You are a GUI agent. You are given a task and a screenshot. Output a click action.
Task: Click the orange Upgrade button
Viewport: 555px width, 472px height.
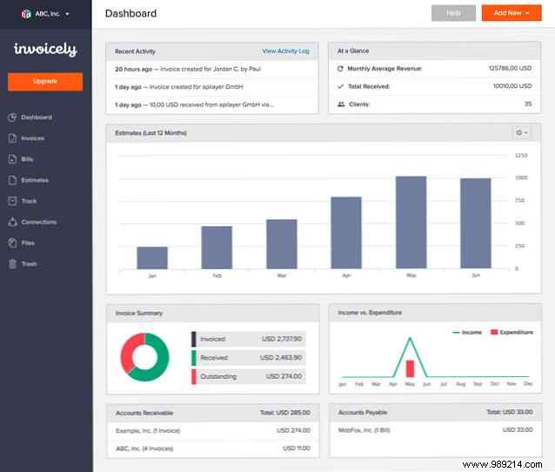coord(45,81)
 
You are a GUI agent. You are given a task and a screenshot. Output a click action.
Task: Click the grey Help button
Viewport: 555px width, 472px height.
coord(453,13)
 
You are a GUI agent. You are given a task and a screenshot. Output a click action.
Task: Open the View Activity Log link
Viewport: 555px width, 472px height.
coord(285,51)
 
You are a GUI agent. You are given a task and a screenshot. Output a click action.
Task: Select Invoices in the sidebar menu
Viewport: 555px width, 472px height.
coord(32,138)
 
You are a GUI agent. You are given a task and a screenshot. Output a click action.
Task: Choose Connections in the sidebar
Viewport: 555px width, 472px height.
coord(38,222)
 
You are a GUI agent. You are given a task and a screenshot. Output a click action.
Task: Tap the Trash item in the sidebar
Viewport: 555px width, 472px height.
coord(29,264)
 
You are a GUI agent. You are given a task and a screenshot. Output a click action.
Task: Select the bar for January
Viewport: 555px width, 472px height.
coord(152,258)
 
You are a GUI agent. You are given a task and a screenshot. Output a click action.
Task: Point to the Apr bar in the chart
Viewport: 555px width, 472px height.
coord(346,233)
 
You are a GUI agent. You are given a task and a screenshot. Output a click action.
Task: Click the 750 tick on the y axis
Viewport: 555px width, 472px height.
coord(521,200)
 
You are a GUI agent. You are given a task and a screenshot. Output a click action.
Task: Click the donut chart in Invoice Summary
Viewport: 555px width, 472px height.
coord(144,356)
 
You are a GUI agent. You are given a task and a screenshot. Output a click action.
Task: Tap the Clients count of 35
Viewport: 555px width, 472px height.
coord(527,105)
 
